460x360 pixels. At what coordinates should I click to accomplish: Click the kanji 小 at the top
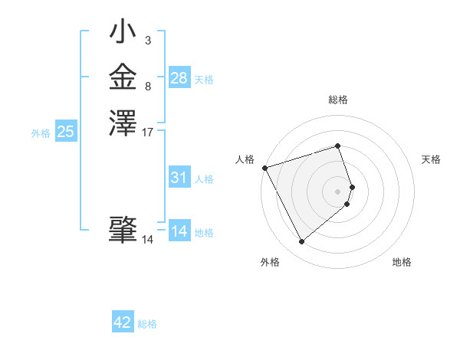point(123,34)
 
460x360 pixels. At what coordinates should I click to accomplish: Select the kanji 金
point(123,77)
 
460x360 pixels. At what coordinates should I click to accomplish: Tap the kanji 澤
point(123,122)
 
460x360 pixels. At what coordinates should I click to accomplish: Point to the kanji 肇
point(123,229)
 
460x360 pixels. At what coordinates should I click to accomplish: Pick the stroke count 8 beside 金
point(148,87)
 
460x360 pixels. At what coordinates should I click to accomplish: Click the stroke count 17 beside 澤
point(148,132)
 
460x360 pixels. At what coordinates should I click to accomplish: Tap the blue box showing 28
point(179,77)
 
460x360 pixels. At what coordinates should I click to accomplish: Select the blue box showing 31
point(179,178)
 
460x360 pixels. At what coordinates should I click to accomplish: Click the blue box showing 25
point(66,132)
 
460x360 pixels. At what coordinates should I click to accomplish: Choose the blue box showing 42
point(123,322)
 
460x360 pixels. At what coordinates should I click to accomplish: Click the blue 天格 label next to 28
point(204,80)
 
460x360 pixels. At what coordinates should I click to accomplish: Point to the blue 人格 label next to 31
point(204,180)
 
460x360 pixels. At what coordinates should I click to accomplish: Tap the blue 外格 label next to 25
point(41,133)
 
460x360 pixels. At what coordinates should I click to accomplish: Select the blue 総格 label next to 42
point(147,324)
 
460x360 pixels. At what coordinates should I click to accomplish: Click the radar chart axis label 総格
point(338,100)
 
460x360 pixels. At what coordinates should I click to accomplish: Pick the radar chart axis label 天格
point(431,159)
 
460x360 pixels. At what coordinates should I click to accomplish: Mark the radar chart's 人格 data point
point(264,168)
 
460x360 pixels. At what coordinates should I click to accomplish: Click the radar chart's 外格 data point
point(302,242)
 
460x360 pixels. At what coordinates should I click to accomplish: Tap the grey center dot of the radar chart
point(338,191)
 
